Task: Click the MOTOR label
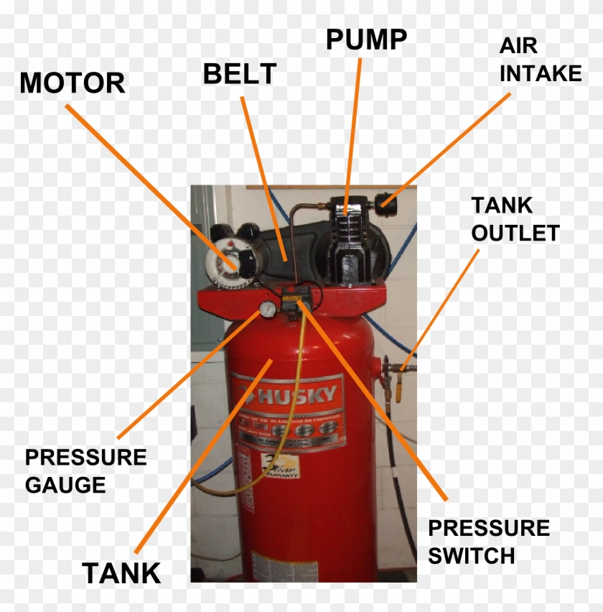click(x=72, y=83)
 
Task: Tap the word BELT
click(x=240, y=73)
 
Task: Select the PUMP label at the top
click(x=366, y=40)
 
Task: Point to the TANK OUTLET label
click(x=514, y=219)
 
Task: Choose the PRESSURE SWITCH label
click(x=488, y=542)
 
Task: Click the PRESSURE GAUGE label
click(x=85, y=470)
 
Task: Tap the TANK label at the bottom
click(x=121, y=573)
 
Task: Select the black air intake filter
click(x=388, y=200)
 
